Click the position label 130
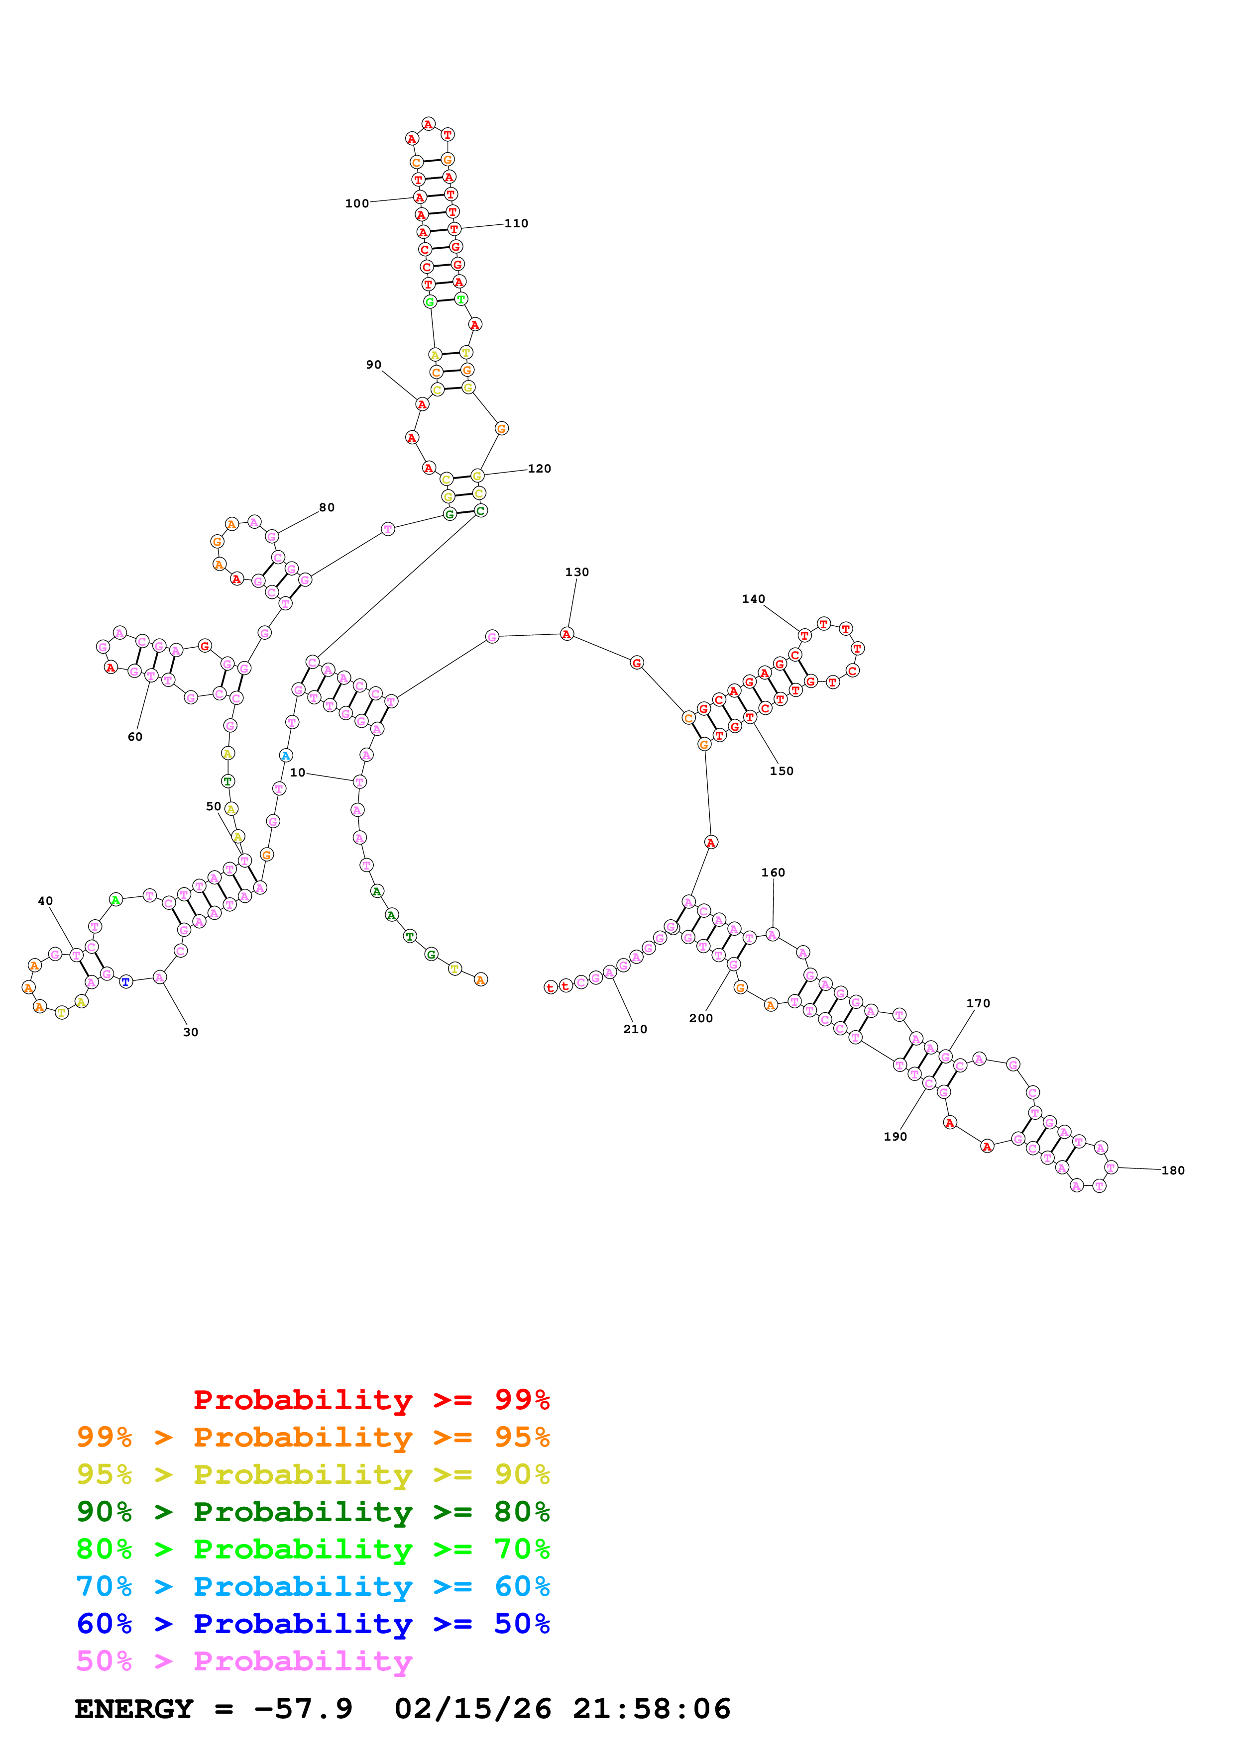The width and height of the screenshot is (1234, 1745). [576, 572]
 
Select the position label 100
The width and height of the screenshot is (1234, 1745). [356, 203]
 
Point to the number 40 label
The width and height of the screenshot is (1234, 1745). [46, 901]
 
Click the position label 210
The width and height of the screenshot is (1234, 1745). [635, 1029]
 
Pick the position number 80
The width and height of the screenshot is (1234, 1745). [327, 508]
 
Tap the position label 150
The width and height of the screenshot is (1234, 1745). [781, 772]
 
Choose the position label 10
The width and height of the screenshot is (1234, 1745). [297, 773]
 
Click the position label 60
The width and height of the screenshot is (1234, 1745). [134, 737]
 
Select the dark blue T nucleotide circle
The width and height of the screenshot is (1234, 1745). [126, 982]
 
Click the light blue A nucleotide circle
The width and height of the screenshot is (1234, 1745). [286, 756]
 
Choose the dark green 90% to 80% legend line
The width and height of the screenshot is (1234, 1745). [313, 1512]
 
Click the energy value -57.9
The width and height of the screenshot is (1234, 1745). [303, 1709]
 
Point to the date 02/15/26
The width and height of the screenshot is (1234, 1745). [472, 1709]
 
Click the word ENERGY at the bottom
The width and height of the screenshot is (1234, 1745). [134, 1709]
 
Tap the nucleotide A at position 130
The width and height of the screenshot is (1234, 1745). [566, 634]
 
